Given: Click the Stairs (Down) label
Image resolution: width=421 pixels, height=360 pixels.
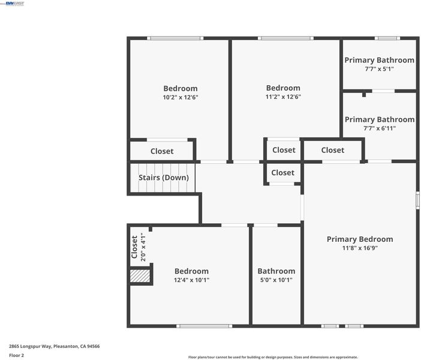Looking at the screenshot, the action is (x=164, y=178).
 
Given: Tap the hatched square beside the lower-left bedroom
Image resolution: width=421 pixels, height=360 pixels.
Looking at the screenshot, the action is (x=140, y=276).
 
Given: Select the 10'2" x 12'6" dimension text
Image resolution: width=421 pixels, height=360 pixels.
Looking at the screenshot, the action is (x=181, y=97).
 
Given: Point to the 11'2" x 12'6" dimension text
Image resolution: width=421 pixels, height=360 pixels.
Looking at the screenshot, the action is (x=283, y=97).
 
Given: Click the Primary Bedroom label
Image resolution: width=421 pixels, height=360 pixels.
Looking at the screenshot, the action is (x=360, y=239).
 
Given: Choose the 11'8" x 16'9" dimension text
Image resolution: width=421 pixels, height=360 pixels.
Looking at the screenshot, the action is (x=360, y=248).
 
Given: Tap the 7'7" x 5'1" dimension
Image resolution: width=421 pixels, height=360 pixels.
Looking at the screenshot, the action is (x=379, y=69).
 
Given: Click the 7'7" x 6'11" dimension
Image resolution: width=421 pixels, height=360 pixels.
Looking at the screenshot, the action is (x=380, y=128).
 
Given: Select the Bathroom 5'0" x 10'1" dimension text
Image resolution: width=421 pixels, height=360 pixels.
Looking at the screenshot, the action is (x=276, y=280).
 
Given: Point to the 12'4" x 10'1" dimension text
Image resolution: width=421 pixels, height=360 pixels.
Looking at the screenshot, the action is (x=191, y=280).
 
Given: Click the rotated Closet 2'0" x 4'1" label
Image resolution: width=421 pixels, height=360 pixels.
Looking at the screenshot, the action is (x=139, y=247).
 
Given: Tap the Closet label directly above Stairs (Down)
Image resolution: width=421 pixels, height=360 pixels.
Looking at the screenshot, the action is (x=162, y=151).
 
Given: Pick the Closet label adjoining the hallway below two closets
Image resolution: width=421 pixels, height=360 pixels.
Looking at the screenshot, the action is (x=282, y=173).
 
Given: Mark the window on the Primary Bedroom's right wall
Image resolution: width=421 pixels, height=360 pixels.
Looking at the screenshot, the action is (x=417, y=200).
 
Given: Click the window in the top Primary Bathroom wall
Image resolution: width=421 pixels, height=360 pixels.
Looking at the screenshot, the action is (x=387, y=38).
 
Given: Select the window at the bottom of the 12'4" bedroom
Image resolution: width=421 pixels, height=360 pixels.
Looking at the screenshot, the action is (x=205, y=326).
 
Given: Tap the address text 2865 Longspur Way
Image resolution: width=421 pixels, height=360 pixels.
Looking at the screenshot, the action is (x=30, y=346).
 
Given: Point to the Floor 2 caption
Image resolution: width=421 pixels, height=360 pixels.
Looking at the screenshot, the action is (x=16, y=355).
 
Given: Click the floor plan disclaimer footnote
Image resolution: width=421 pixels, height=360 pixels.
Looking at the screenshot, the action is (x=273, y=357).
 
